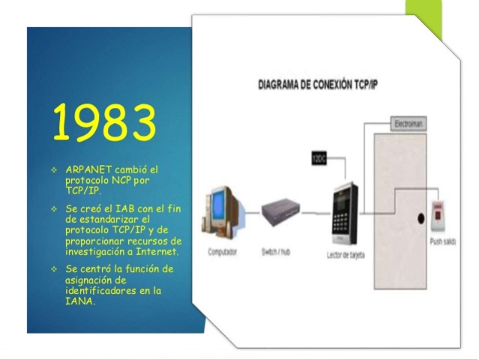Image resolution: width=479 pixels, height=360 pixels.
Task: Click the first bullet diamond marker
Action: (x=54, y=170)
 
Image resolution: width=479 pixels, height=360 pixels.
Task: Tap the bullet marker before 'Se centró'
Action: (x=54, y=268)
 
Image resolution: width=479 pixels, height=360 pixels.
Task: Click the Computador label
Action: (x=223, y=252)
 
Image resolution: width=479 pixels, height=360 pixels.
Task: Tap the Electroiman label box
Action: (x=411, y=122)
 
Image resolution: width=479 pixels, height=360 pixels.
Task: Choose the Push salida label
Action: (x=442, y=243)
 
